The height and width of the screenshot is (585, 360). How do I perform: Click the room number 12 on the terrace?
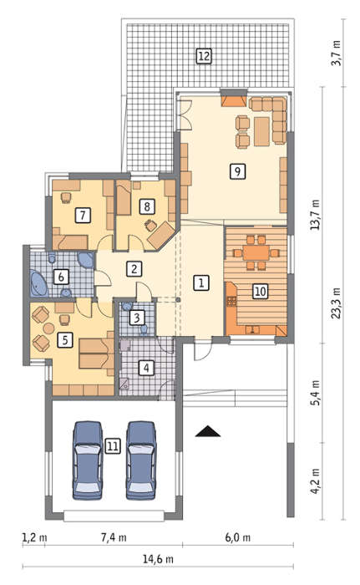(204, 56)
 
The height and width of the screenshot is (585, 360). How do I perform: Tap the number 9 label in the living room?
(237, 171)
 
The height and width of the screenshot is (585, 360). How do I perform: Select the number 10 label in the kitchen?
(260, 291)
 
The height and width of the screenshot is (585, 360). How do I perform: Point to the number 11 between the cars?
(113, 446)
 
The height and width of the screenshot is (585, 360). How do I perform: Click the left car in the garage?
(88, 460)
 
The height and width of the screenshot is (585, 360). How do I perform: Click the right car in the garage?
(140, 460)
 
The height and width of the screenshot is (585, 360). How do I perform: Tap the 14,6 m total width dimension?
(158, 559)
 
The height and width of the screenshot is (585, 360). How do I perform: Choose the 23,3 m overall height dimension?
(336, 303)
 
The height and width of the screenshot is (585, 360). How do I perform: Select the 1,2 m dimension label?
(34, 537)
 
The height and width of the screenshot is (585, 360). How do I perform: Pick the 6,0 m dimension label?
(238, 537)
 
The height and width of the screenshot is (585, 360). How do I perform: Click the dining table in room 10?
(256, 253)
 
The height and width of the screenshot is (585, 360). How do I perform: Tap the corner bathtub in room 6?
(38, 283)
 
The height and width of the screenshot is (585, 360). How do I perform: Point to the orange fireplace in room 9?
(234, 101)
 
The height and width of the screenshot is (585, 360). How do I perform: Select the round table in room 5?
(49, 328)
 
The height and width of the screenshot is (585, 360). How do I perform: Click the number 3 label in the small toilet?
(136, 318)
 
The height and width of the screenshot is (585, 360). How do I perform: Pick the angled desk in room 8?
(160, 234)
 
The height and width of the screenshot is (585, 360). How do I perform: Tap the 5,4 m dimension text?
(315, 393)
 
